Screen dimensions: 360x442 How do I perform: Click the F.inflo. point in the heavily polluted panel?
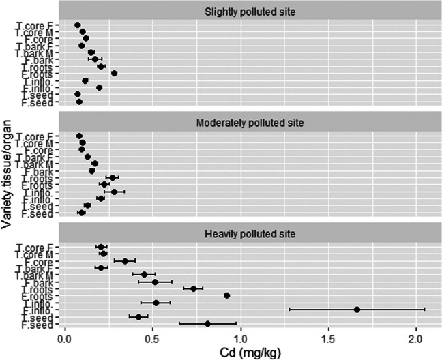tap(357, 310)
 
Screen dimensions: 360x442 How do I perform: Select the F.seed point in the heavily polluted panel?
tap(208, 324)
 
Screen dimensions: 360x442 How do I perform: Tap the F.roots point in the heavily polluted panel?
tap(226, 295)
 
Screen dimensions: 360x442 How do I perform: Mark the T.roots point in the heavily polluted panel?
tap(194, 288)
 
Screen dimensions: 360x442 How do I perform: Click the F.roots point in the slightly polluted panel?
tap(114, 74)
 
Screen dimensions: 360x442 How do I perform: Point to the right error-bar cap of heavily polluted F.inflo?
tap(425, 310)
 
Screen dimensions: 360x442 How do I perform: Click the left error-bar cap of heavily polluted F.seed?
tap(179, 324)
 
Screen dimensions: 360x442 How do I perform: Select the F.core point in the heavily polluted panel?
tap(125, 260)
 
